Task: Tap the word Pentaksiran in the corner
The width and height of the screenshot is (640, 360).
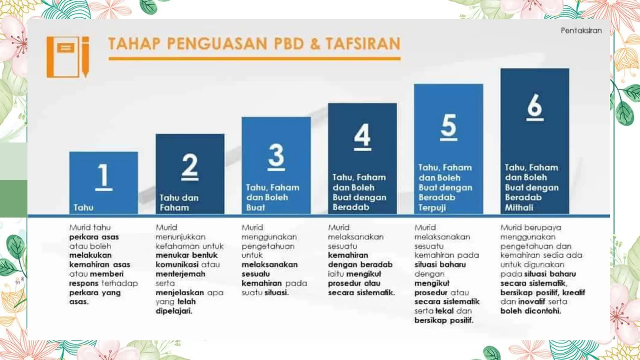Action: pos(581,31)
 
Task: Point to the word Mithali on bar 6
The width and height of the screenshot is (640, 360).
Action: pos(519,207)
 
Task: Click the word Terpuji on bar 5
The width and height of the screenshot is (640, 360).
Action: pos(432,207)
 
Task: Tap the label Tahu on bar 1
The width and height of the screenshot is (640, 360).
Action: pos(83,207)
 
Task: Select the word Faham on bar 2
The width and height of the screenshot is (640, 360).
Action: pos(174,207)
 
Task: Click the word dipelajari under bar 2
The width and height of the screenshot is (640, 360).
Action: pos(174,311)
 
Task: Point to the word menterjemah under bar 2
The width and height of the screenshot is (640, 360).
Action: pos(181,274)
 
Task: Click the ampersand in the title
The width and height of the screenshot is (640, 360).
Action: pos(315,44)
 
